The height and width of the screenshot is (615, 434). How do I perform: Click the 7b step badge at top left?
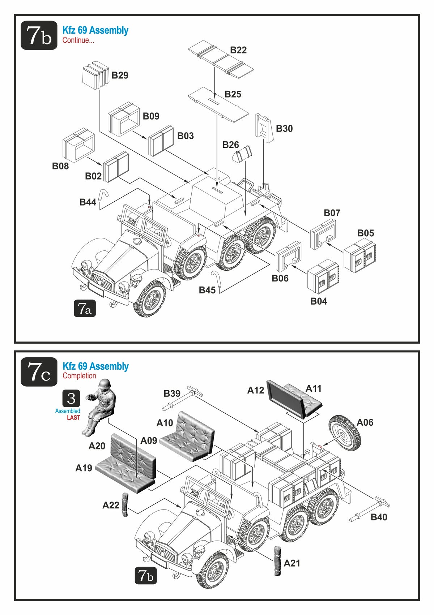(x=39, y=35)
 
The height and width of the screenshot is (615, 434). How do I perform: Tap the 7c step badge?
(x=39, y=372)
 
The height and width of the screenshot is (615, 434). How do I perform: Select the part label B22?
(x=238, y=50)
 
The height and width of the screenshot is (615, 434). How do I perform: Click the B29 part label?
(x=120, y=75)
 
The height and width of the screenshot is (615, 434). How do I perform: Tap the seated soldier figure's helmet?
(x=104, y=384)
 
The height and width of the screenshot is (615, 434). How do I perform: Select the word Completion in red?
(x=79, y=376)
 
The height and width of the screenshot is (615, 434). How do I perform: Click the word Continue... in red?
(x=78, y=40)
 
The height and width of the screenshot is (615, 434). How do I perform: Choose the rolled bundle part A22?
(x=125, y=504)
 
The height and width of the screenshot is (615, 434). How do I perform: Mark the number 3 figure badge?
(x=71, y=398)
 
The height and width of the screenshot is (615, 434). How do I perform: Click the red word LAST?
(x=73, y=418)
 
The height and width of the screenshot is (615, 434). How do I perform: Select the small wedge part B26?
(x=242, y=155)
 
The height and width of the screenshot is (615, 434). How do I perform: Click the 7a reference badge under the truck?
(x=85, y=308)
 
